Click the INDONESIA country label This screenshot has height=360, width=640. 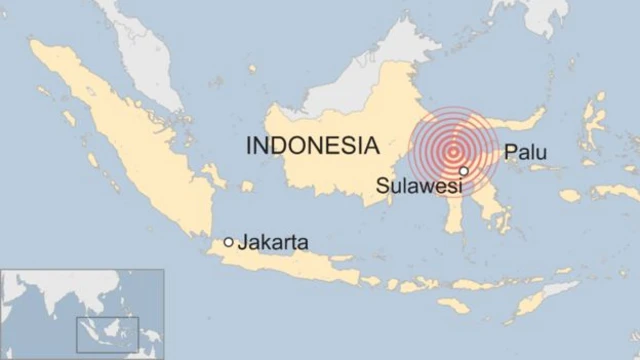tap(312, 145)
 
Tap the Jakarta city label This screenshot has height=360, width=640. tap(272, 242)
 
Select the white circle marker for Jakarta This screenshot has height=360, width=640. tap(229, 242)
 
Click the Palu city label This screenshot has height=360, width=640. tap(525, 152)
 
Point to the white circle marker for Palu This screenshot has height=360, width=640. tap(463, 171)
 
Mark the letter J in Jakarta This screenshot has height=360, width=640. tap(242, 242)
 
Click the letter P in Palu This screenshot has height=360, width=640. tap(510, 152)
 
